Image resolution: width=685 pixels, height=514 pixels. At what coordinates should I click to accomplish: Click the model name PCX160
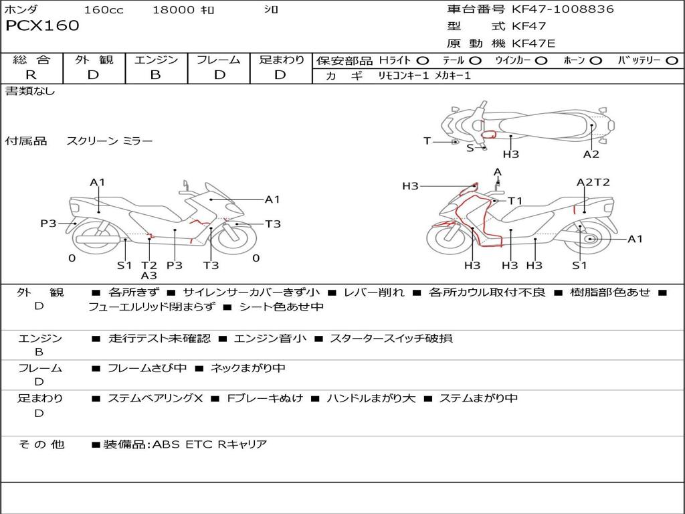42,26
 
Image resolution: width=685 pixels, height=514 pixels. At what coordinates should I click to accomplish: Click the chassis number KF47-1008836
563,9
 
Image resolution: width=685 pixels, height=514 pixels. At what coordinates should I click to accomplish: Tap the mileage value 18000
174,10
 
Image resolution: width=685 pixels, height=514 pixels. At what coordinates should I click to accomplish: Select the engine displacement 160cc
104,10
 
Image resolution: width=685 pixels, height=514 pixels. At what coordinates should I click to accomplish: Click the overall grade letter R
31,75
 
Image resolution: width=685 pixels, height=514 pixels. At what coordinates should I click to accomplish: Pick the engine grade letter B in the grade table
155,75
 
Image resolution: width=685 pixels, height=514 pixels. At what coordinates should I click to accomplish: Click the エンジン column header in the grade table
156,60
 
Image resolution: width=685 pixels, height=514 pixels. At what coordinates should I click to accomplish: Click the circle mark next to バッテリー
671,61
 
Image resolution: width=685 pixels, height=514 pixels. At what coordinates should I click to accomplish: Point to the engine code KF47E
534,44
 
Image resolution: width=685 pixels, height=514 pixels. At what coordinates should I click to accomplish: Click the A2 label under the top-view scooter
591,155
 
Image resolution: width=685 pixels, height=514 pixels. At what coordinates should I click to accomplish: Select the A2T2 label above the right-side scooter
593,182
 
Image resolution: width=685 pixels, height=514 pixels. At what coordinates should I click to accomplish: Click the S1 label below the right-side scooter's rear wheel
579,265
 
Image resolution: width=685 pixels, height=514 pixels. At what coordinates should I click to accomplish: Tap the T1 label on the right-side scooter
514,201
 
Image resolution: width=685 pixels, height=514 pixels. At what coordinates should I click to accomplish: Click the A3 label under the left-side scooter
149,276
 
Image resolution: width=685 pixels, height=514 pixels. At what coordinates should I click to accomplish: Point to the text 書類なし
30,91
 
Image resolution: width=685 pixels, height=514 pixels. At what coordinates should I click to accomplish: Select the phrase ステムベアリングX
155,398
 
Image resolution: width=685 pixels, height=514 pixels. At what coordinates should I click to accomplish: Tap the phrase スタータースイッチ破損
391,338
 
